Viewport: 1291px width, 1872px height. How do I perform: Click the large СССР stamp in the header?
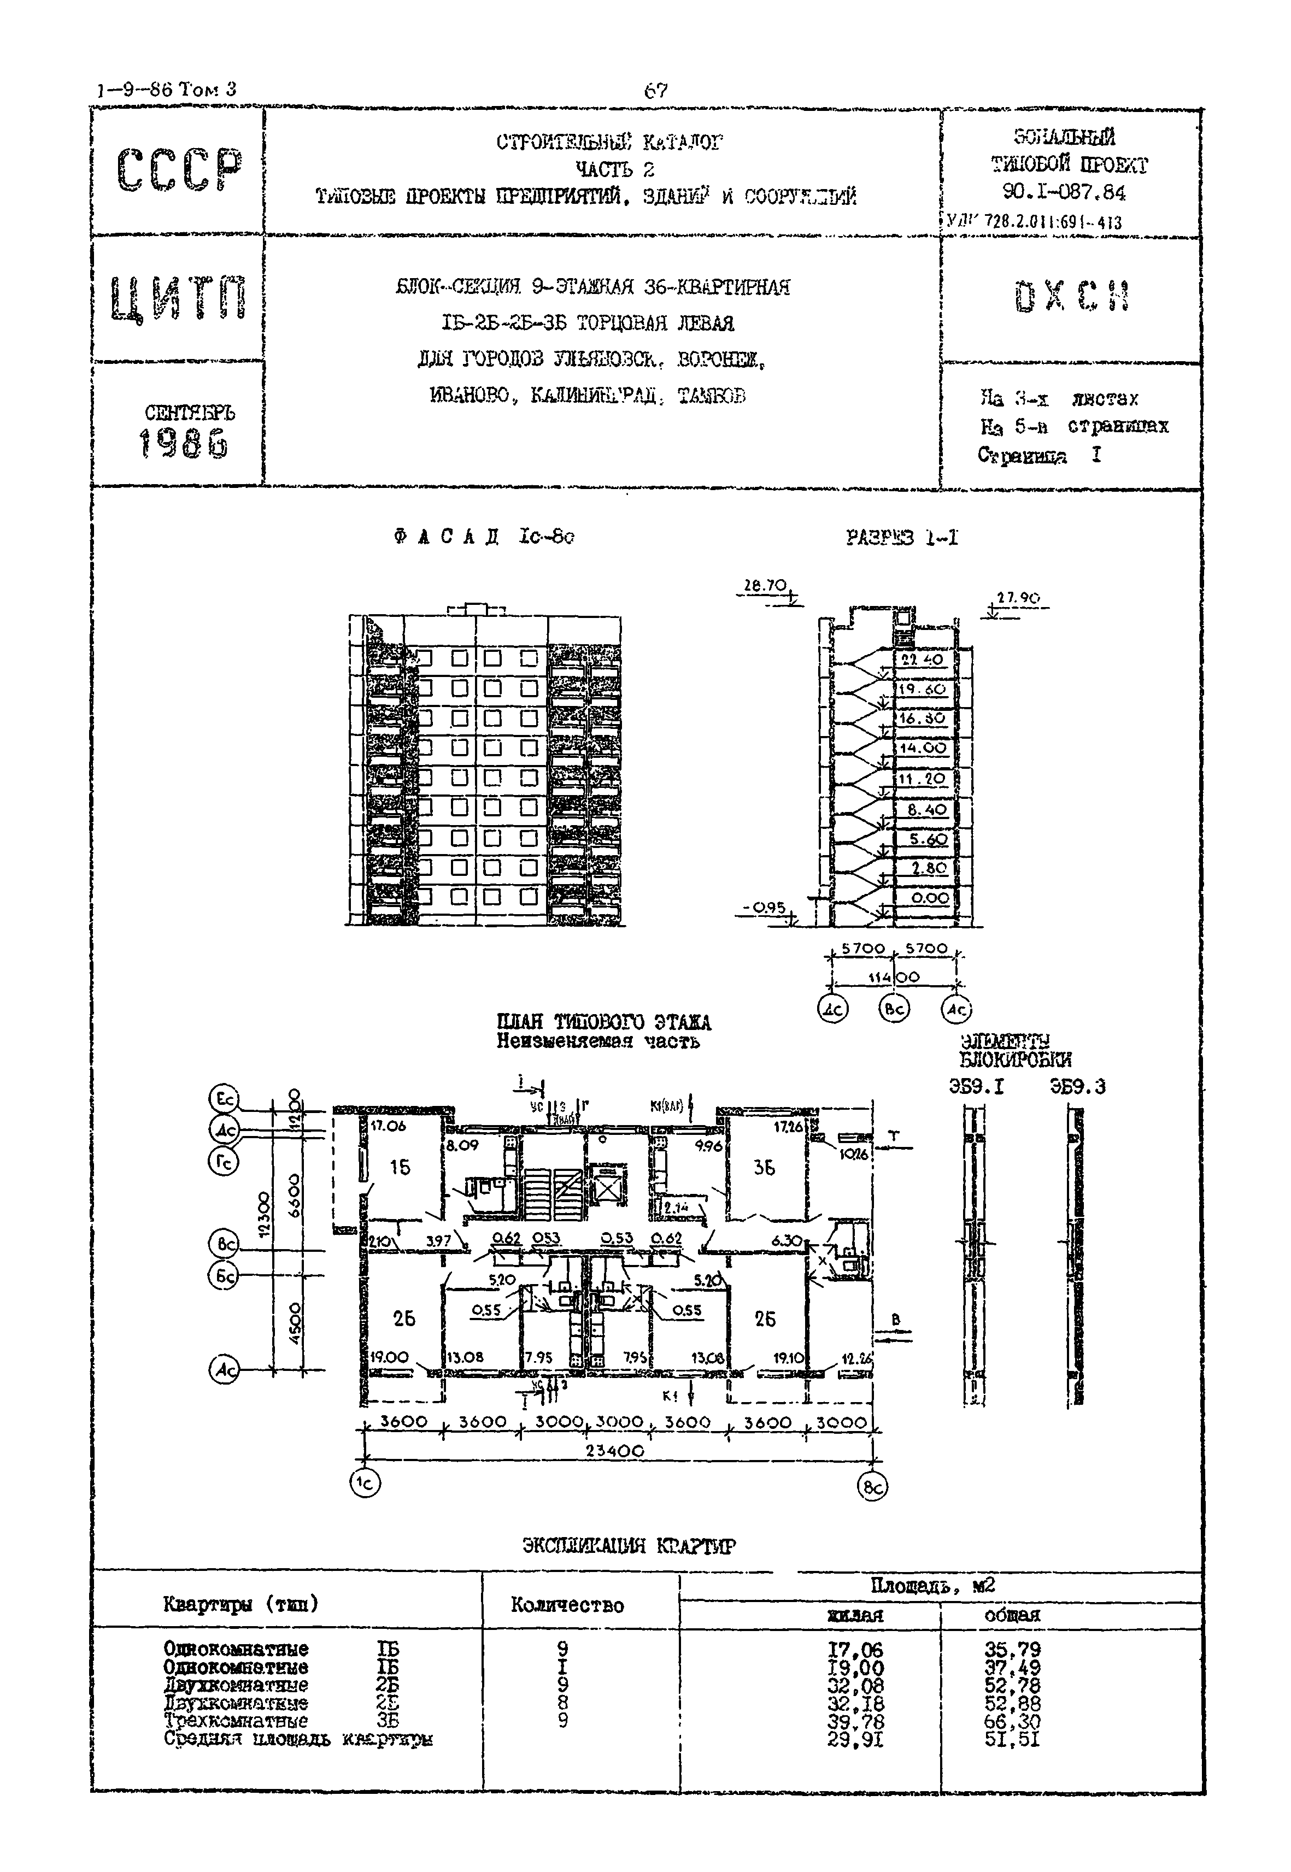179,170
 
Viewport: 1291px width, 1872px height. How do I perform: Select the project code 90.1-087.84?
1064,192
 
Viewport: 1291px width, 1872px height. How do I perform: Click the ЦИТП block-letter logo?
179,298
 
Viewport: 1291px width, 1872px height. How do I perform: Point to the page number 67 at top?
655,91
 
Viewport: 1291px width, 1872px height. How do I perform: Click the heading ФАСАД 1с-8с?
484,537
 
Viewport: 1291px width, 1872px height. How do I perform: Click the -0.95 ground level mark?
764,907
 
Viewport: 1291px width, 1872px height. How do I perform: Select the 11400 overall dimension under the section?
894,978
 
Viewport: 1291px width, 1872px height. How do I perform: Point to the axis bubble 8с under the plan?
873,1487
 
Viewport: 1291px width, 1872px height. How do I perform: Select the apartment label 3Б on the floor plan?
765,1168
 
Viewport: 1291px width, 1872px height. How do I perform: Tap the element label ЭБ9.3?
1077,1087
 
